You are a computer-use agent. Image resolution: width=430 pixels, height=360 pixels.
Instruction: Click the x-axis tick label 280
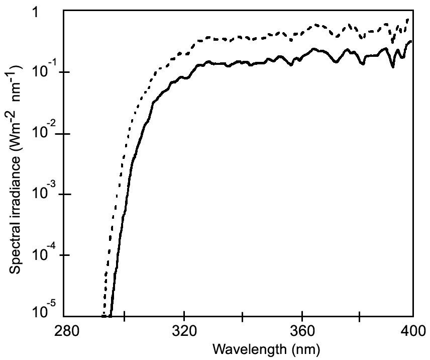pos(66,331)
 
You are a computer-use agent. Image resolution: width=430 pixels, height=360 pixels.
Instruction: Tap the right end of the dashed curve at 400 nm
pos(408,19)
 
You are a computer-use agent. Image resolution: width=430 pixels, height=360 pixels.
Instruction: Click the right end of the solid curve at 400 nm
pos(411,41)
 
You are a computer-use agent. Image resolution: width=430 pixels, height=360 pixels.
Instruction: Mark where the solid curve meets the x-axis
pos(111,316)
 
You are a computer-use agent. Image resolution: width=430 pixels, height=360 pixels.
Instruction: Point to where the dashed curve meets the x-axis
pos(102,316)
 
